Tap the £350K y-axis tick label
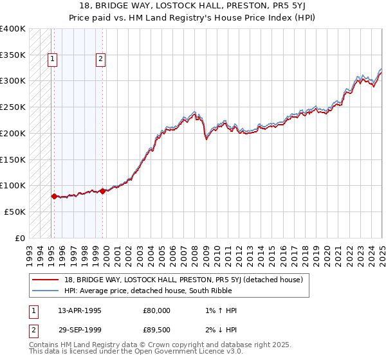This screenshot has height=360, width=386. pos(13,55)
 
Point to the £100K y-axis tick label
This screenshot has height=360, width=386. pos(13,185)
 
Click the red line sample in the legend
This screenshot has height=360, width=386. pos(45,280)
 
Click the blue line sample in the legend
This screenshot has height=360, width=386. pos(45,290)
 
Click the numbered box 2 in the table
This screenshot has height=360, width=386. pos(32,331)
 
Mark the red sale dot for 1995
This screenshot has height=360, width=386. pos(54,196)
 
